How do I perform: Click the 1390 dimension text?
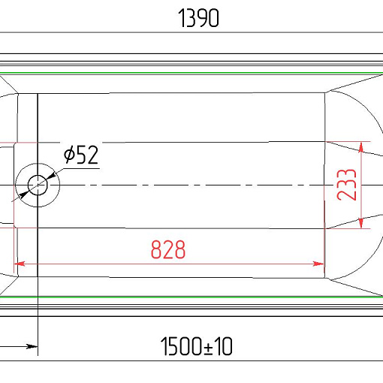click(x=198, y=18)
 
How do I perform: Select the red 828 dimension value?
click(x=168, y=249)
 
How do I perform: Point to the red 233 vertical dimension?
click(x=346, y=185)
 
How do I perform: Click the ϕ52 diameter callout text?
click(x=81, y=155)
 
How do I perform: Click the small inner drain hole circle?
click(x=38, y=185)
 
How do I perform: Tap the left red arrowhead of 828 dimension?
click(x=20, y=264)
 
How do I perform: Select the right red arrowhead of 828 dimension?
click(x=318, y=264)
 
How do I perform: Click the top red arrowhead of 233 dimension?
click(x=361, y=147)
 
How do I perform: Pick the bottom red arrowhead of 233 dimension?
click(x=361, y=223)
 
